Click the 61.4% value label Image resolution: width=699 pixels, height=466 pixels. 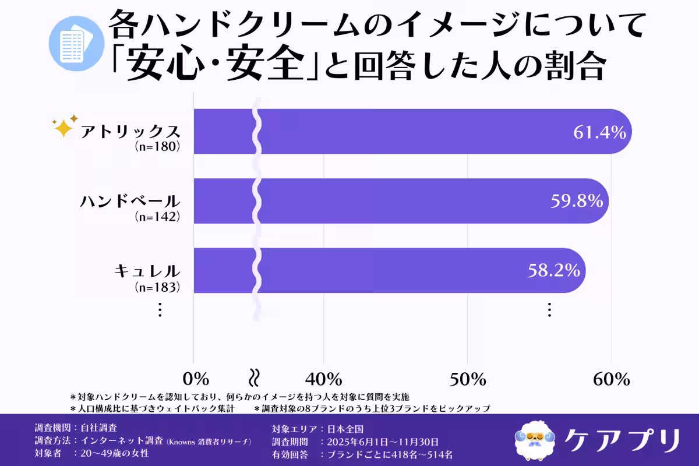599,132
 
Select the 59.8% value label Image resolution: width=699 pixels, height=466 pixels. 576,202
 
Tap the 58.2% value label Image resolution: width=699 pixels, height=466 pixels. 553,271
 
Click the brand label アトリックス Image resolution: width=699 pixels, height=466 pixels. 130,131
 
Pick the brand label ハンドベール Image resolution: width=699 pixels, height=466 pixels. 129,202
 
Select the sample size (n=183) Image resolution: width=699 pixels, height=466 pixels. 156,287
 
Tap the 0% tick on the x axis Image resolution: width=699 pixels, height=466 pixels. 196,379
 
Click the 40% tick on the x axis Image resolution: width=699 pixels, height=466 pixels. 324,379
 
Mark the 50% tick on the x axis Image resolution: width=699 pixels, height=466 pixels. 468,379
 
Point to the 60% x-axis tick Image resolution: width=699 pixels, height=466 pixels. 612,379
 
